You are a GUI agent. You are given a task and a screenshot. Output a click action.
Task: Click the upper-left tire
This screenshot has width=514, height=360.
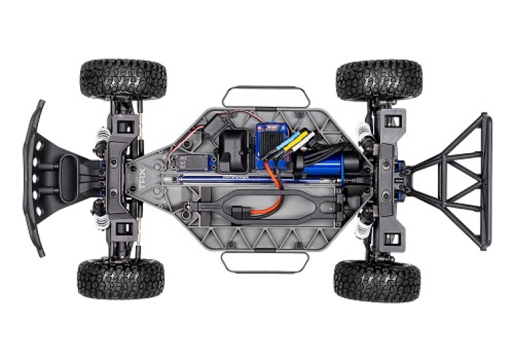[122, 80]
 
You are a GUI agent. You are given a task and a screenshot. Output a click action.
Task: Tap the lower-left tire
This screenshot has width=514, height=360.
[120, 278]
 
